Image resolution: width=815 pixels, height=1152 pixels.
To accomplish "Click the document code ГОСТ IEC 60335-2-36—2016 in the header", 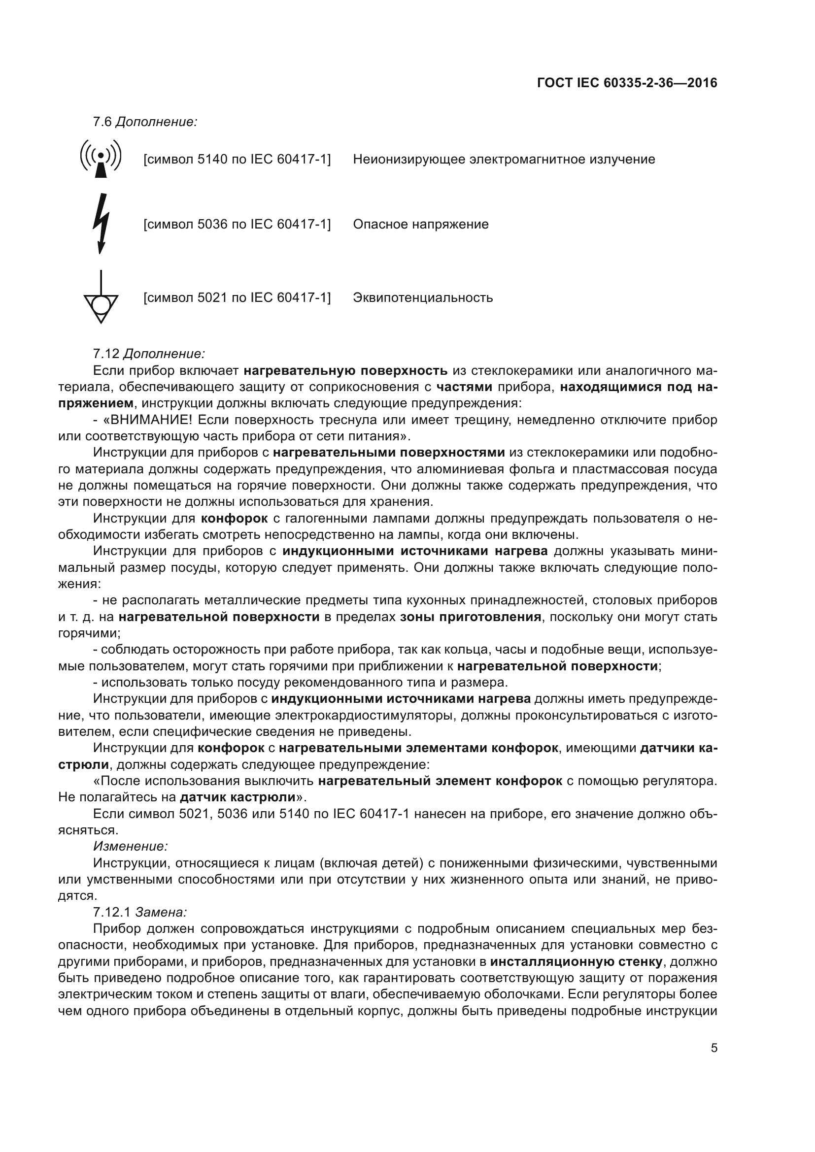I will [x=627, y=83].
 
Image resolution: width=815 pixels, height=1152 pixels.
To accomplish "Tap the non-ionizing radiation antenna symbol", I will [x=101, y=159].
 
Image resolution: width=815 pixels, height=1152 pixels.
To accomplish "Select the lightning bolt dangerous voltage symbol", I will [x=101, y=223].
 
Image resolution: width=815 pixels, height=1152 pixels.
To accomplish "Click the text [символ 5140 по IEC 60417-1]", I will [x=237, y=160].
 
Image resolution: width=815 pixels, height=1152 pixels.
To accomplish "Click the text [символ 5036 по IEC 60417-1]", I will [x=237, y=224].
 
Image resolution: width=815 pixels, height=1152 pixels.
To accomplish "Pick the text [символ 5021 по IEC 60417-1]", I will [x=237, y=298].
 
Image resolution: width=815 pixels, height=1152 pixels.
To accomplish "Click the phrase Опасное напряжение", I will [x=420, y=224].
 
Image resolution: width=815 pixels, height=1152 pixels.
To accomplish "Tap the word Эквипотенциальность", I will [x=423, y=298].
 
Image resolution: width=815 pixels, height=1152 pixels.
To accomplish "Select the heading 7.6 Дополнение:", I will [x=145, y=122].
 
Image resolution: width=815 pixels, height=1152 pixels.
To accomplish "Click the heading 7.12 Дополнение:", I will [x=149, y=354].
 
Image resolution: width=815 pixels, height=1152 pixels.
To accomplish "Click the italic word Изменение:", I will [x=131, y=847].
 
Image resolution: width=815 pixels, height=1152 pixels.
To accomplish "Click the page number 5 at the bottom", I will [x=714, y=1048].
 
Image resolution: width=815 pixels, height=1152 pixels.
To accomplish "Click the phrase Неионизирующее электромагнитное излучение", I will [x=504, y=160].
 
